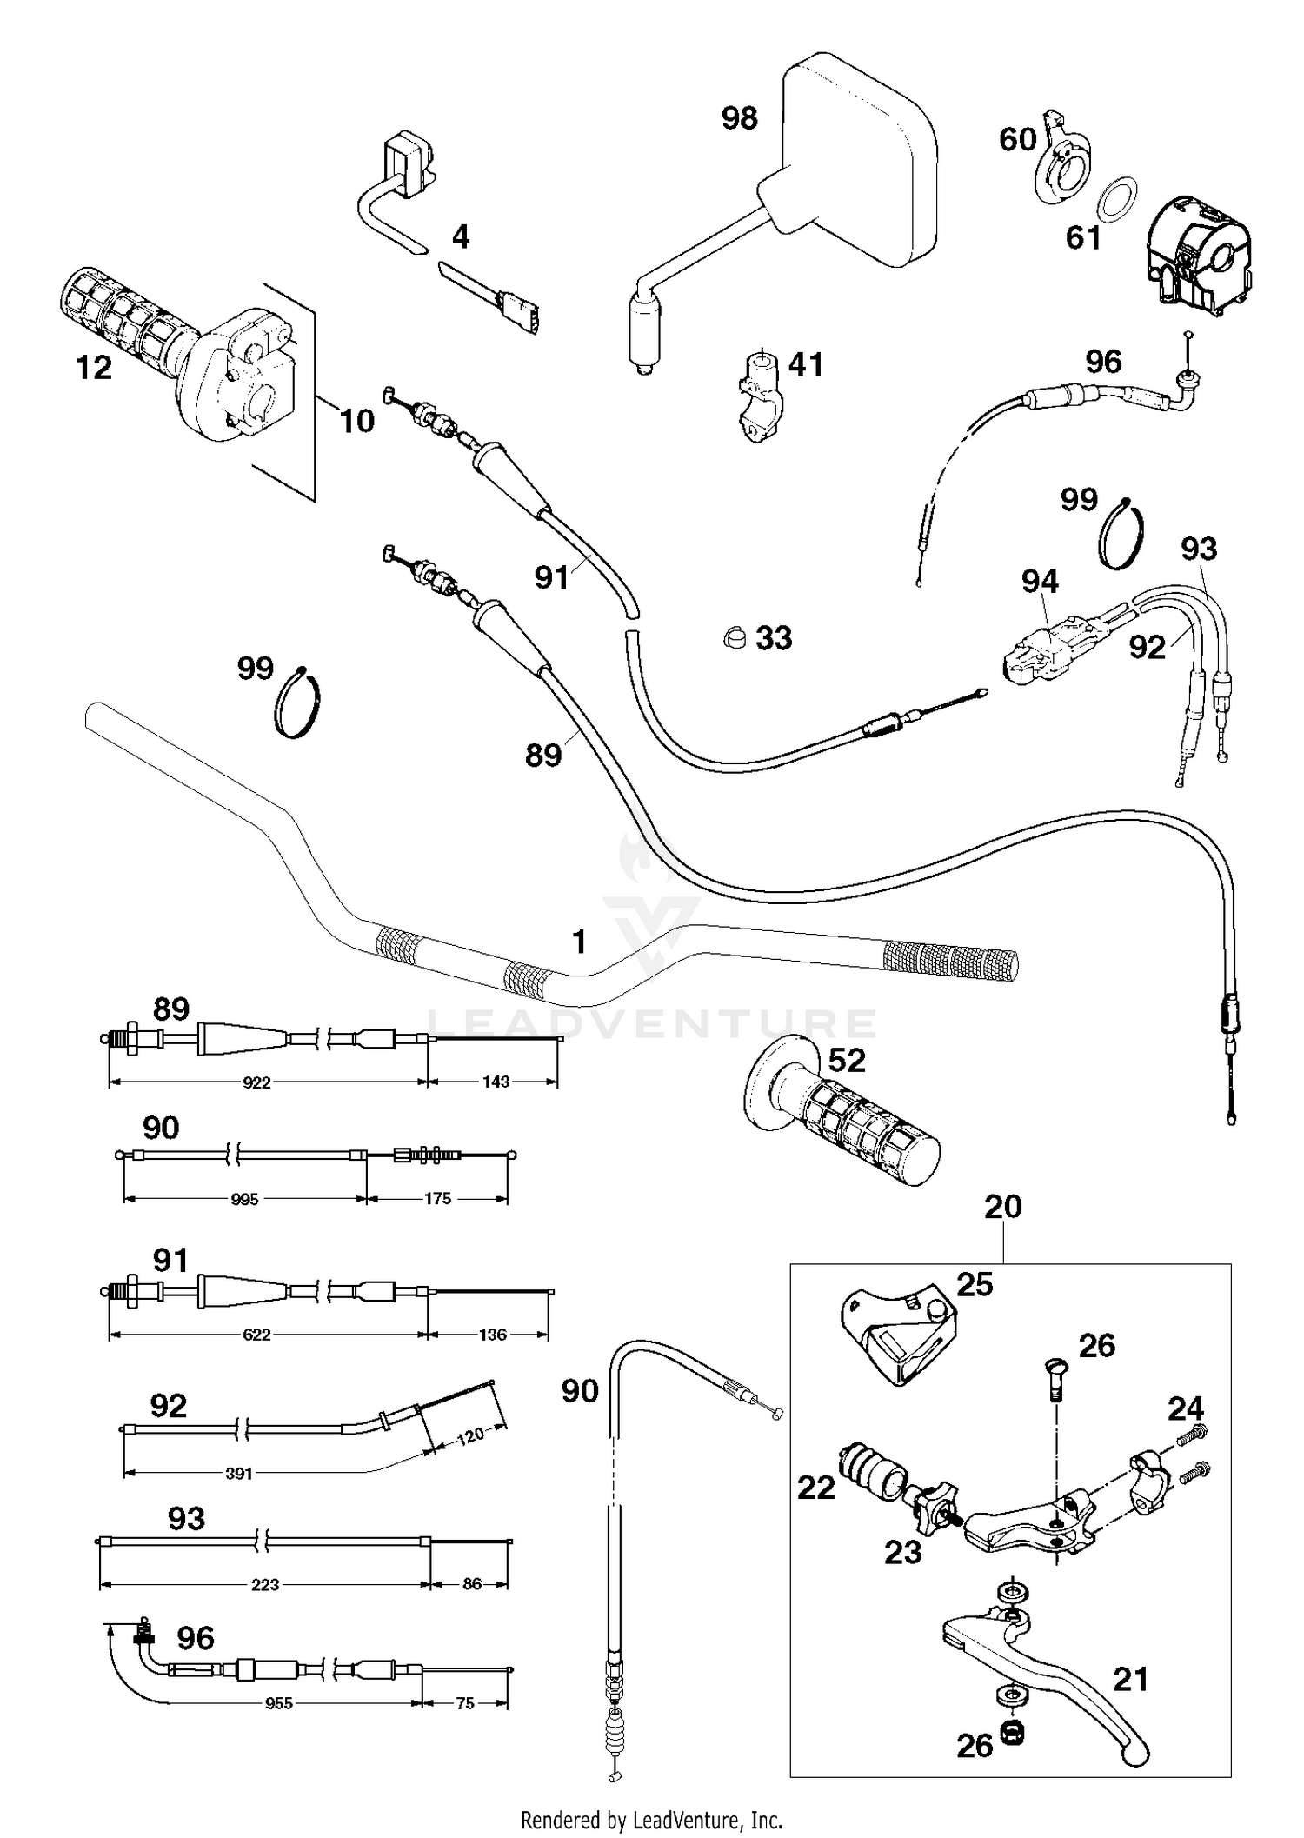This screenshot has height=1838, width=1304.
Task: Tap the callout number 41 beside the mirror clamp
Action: click(x=805, y=364)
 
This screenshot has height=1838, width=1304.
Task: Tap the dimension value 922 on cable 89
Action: click(x=257, y=1082)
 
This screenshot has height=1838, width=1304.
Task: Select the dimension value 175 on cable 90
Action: click(x=437, y=1199)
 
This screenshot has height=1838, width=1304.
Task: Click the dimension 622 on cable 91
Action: click(x=257, y=1335)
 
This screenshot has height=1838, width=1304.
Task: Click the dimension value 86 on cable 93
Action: click(x=472, y=1584)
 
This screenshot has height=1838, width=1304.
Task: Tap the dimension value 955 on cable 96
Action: click(x=278, y=1703)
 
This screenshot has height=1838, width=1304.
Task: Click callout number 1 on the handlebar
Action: click(x=579, y=942)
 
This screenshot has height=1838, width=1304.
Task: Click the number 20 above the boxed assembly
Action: click(x=1003, y=1207)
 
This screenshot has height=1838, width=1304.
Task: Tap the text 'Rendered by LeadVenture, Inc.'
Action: click(x=651, y=1819)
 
